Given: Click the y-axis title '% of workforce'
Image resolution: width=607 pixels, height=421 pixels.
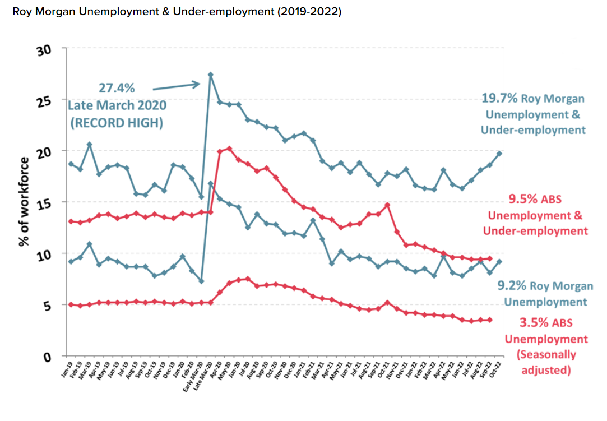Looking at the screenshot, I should coord(24,202).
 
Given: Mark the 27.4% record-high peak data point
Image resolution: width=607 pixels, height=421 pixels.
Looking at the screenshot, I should coord(210,75).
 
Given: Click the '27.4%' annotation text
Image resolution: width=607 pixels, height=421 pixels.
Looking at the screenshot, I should coord(117,89).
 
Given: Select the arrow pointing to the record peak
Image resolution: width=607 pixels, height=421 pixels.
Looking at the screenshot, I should coord(176,86).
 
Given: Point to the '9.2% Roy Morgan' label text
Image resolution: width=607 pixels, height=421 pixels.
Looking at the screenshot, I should coord(545,286).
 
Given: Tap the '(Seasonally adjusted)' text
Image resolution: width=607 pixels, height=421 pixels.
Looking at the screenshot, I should coord(546,362).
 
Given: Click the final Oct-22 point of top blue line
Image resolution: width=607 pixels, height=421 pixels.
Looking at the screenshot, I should coord(499,153).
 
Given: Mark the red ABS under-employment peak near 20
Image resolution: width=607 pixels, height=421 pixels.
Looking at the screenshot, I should coord(229,149).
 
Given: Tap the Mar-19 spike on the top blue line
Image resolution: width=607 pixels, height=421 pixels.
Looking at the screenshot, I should coord(89,145).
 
